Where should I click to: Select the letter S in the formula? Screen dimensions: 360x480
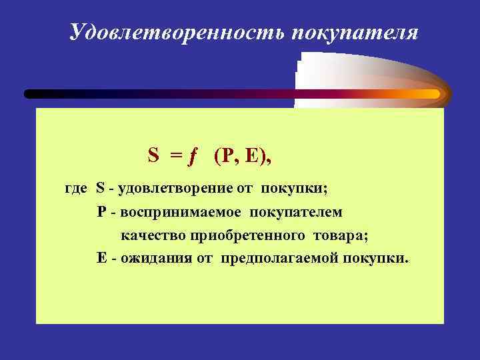click(153, 155)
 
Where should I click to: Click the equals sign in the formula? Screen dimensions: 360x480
click(175, 156)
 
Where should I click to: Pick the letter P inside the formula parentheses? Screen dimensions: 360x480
click(230, 155)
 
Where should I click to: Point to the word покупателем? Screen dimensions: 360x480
click(297, 212)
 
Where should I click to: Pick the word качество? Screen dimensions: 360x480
click(153, 235)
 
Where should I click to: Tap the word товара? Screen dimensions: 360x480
click(340, 235)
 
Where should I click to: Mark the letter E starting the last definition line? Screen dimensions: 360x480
click(101, 258)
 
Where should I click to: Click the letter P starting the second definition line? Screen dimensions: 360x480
click(101, 212)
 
